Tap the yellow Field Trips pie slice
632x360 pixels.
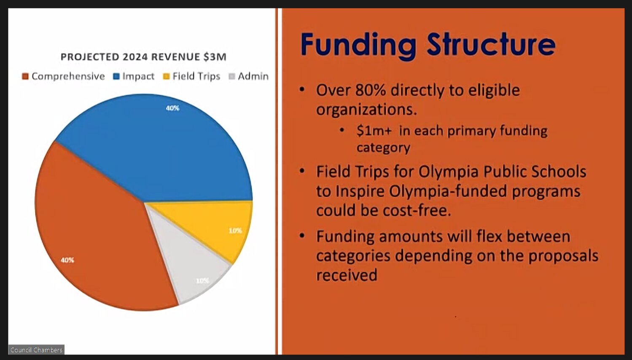[x=215, y=223]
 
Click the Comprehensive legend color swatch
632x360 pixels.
[x=25, y=76]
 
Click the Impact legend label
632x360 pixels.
[x=138, y=76]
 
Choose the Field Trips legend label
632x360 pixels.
[x=196, y=76]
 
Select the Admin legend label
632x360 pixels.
[x=253, y=76]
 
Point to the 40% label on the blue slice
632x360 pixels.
[x=172, y=108]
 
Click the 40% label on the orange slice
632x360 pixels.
[x=67, y=260]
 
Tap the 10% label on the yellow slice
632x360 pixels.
[x=235, y=231]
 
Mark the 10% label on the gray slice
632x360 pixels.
[x=202, y=281]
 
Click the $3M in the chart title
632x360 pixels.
[x=215, y=57]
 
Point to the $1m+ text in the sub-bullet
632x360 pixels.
[x=374, y=131]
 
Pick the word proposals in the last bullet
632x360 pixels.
[x=563, y=256]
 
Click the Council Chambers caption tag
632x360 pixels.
[x=36, y=350]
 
